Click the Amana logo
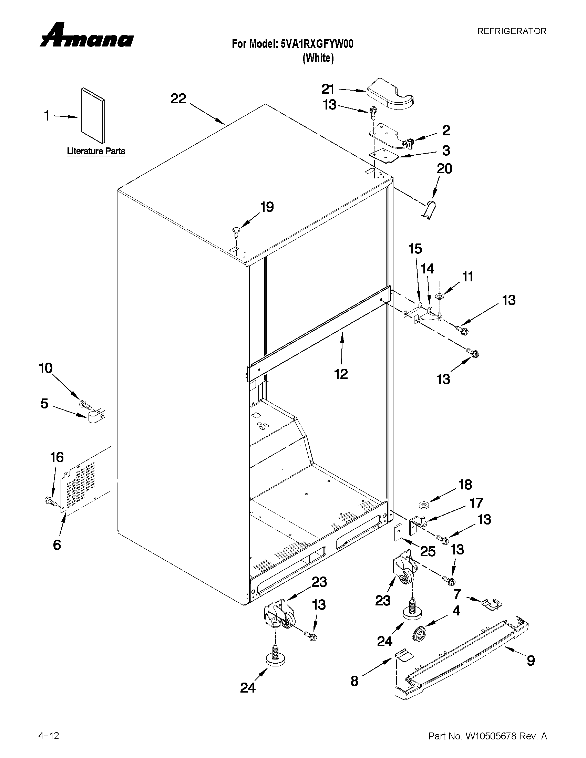pos(86,36)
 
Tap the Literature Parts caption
pos(96,151)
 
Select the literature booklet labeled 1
pos(93,116)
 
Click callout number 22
pos(178,99)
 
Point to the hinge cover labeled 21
pos(390,94)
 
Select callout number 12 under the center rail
pos(341,374)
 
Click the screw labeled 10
pos(85,404)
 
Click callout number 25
pos(427,551)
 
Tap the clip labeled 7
pos(492,604)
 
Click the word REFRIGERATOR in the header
pos(511,31)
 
